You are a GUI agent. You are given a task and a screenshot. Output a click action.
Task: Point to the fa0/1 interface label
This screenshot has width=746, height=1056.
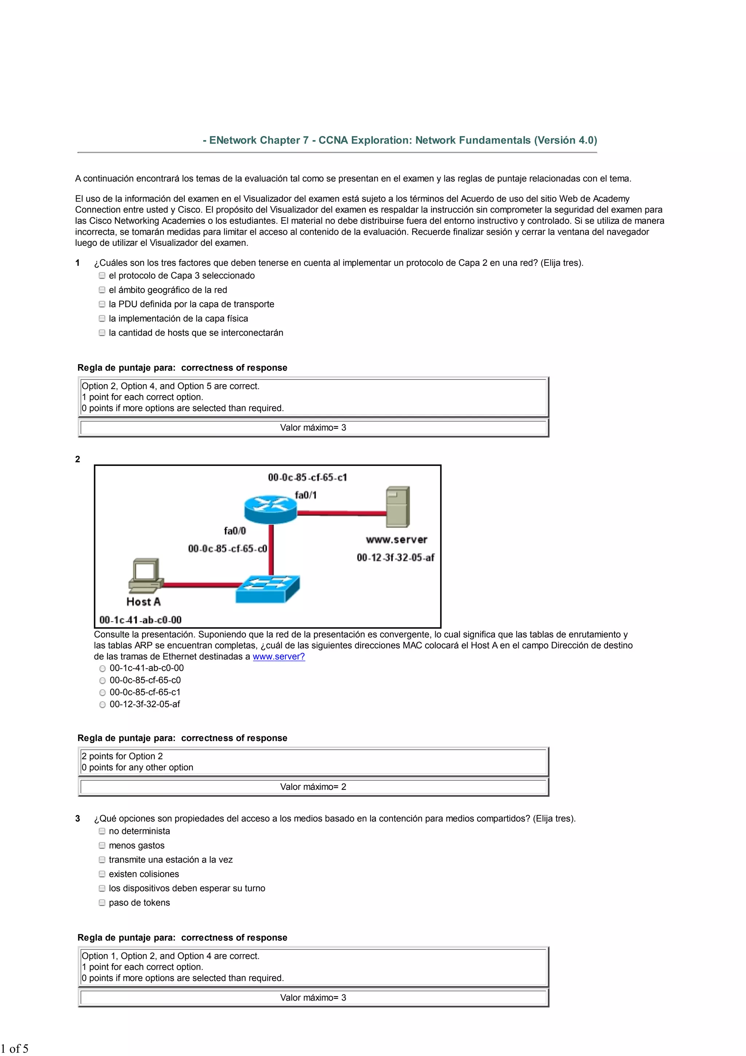pyautogui.click(x=306, y=495)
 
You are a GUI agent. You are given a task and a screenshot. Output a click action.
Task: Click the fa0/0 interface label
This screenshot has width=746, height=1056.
pyautogui.click(x=235, y=531)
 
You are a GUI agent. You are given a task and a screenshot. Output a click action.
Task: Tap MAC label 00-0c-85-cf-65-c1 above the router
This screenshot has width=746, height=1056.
pyautogui.click(x=307, y=478)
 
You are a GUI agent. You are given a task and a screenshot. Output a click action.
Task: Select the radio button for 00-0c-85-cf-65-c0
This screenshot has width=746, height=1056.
pyautogui.click(x=102, y=681)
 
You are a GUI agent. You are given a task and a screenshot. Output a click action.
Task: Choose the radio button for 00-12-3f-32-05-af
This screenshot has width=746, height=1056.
pyautogui.click(x=102, y=705)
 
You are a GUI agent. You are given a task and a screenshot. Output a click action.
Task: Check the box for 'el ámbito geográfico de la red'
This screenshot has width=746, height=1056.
pyautogui.click(x=102, y=290)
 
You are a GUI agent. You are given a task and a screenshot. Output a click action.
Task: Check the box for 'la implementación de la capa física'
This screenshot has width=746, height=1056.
pyautogui.click(x=102, y=318)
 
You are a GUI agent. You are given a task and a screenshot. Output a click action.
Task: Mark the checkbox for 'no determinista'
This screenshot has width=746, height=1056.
pyautogui.click(x=102, y=831)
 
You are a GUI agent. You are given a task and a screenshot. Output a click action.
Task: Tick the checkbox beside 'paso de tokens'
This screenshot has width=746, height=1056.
pyautogui.click(x=102, y=903)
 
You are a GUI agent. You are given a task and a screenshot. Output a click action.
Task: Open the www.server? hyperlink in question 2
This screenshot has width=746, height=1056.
pyautogui.click(x=279, y=657)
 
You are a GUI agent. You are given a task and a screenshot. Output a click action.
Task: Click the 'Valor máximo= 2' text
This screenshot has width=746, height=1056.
pyautogui.click(x=313, y=787)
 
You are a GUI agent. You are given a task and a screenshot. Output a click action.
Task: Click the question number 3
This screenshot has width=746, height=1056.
pyautogui.click(x=78, y=819)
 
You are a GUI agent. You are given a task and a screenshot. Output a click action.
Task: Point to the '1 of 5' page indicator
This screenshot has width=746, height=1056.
pyautogui.click(x=14, y=1048)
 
